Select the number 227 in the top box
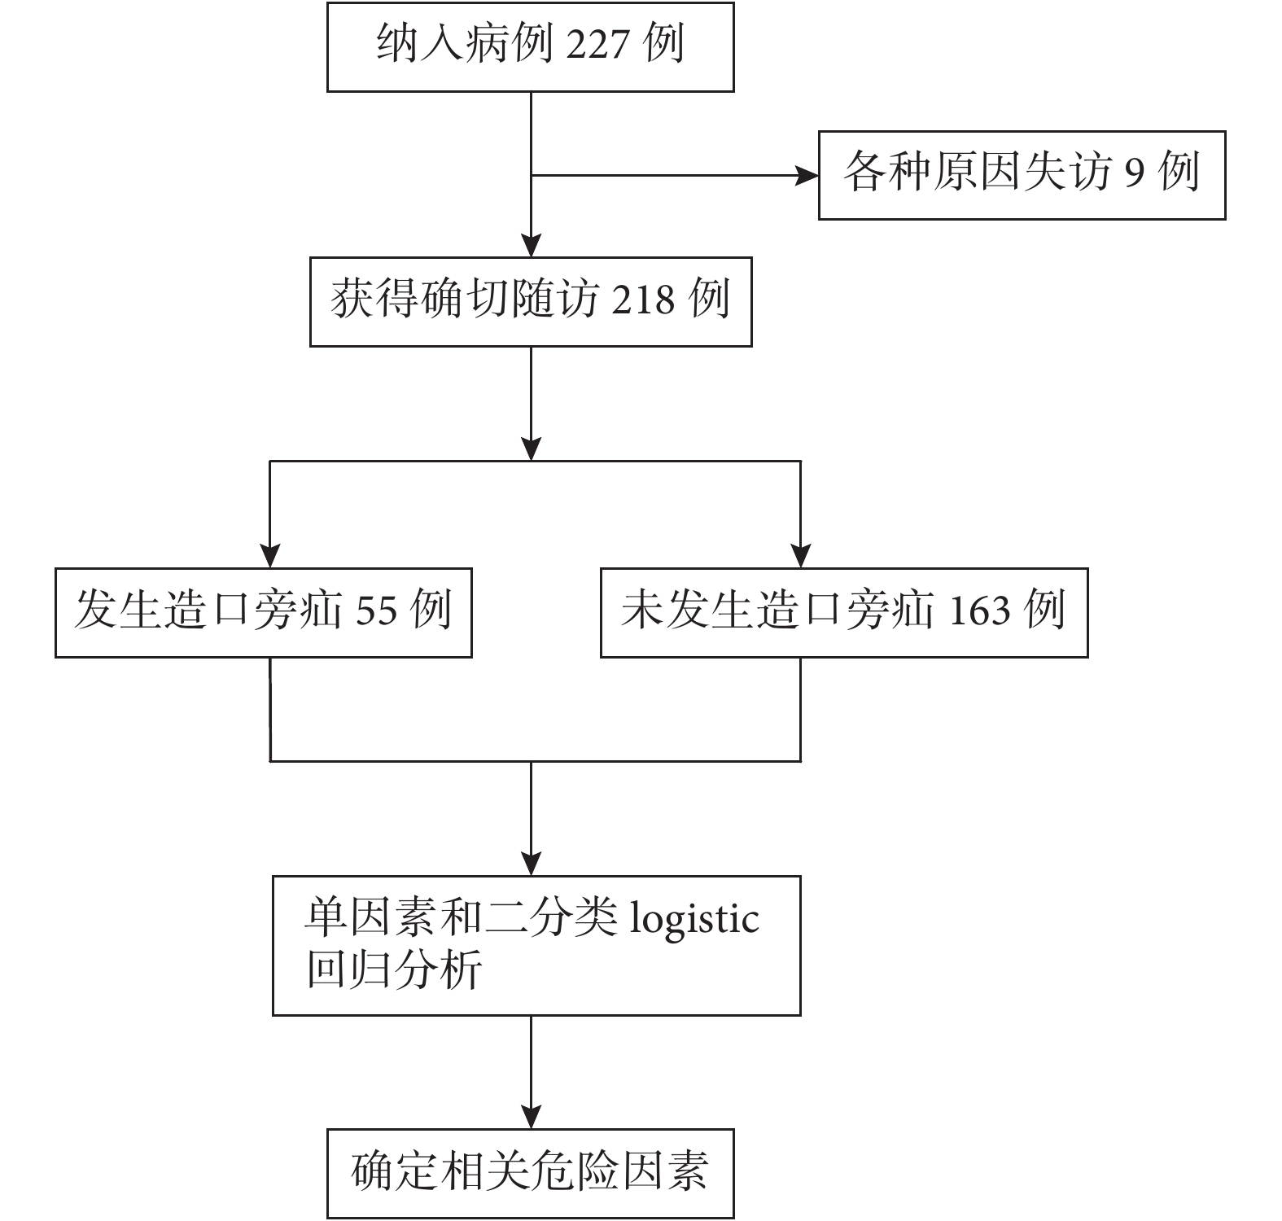[x=598, y=44]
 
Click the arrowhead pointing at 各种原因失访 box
[x=807, y=175]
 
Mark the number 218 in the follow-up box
[x=643, y=300]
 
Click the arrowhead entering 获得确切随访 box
[x=531, y=246]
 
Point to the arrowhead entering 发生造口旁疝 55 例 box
[x=270, y=556]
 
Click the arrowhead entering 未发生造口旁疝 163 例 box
[x=801, y=556]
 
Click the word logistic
[x=695, y=921]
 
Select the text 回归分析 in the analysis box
[x=394, y=969]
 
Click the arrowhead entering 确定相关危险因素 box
[x=531, y=1117]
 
